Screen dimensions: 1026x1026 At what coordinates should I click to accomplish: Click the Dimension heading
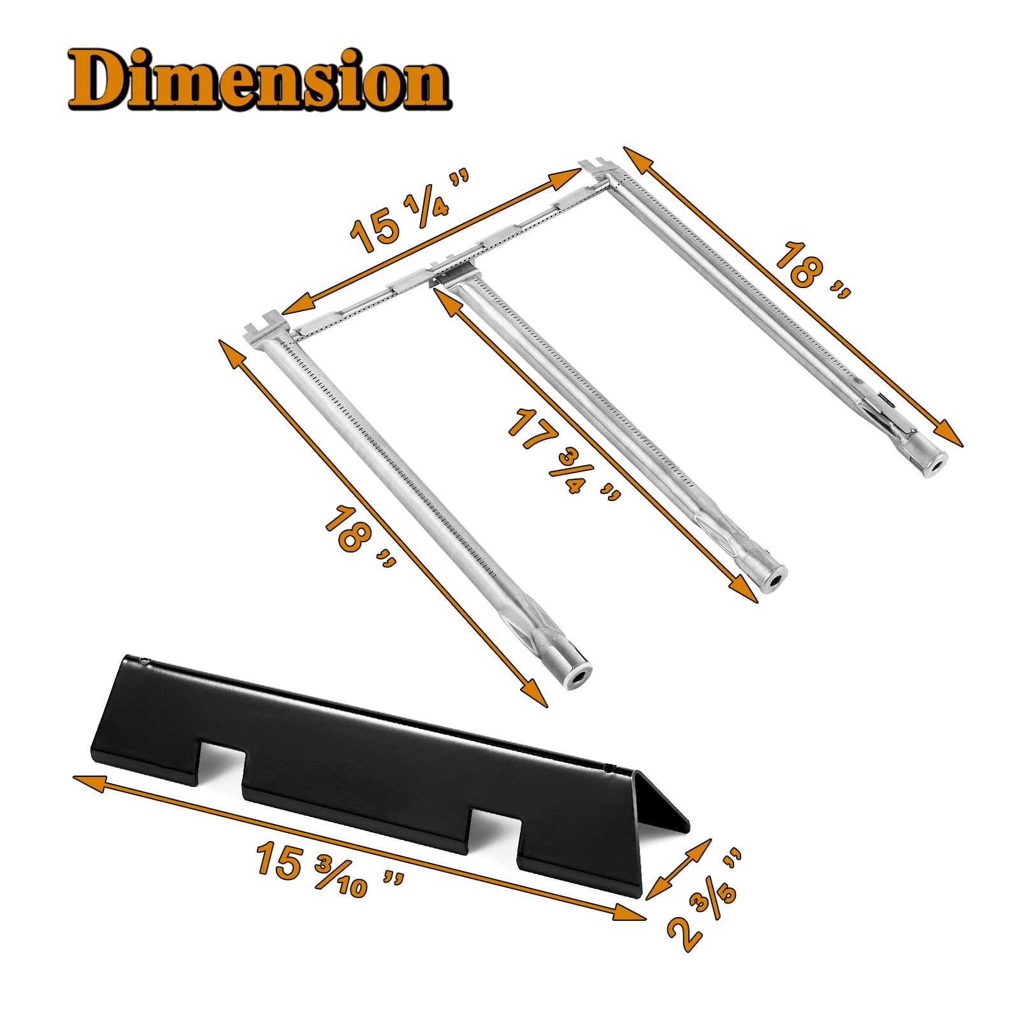coord(259,80)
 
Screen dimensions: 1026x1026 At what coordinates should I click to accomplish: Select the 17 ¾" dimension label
coord(563,453)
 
